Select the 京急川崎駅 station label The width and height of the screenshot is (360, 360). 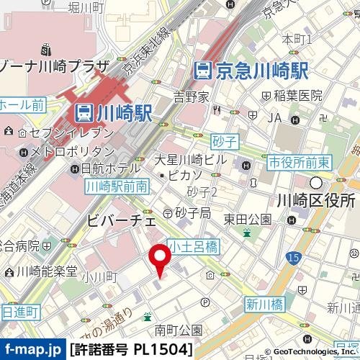pos(252,70)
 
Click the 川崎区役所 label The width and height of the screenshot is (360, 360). pos(318,200)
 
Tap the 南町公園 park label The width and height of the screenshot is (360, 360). pos(179,330)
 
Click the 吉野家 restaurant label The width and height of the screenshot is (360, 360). pos(191,95)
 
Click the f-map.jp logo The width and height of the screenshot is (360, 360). pos(32,350)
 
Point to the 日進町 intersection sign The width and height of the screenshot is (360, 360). pos(19,311)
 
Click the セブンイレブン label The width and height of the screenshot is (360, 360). pos(66,133)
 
